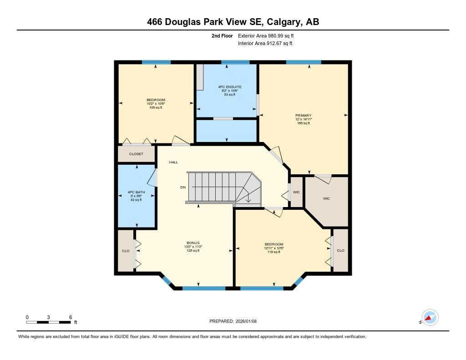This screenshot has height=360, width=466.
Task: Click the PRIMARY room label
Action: pyautogui.click(x=303, y=116)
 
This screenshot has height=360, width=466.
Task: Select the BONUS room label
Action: pyautogui.click(x=193, y=243)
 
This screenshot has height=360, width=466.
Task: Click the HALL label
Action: pyautogui.click(x=173, y=162)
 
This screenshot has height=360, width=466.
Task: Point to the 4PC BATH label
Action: pyautogui.click(x=137, y=192)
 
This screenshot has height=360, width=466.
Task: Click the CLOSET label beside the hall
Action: pyautogui.click(x=136, y=154)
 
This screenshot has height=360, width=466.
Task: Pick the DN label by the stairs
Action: pyautogui.click(x=183, y=187)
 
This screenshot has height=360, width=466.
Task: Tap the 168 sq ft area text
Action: pyautogui.click(x=303, y=123)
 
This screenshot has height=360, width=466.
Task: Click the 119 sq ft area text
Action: pyautogui.click(x=274, y=252)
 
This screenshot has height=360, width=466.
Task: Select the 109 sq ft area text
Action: pyautogui.click(x=156, y=107)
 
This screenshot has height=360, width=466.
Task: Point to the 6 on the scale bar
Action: pyautogui.click(x=71, y=317)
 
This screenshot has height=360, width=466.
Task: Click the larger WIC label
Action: pyautogui.click(x=326, y=198)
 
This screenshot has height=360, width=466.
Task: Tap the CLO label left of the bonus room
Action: pyautogui.click(x=126, y=251)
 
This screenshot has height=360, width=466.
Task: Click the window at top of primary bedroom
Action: pyautogui.click(x=304, y=62)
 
